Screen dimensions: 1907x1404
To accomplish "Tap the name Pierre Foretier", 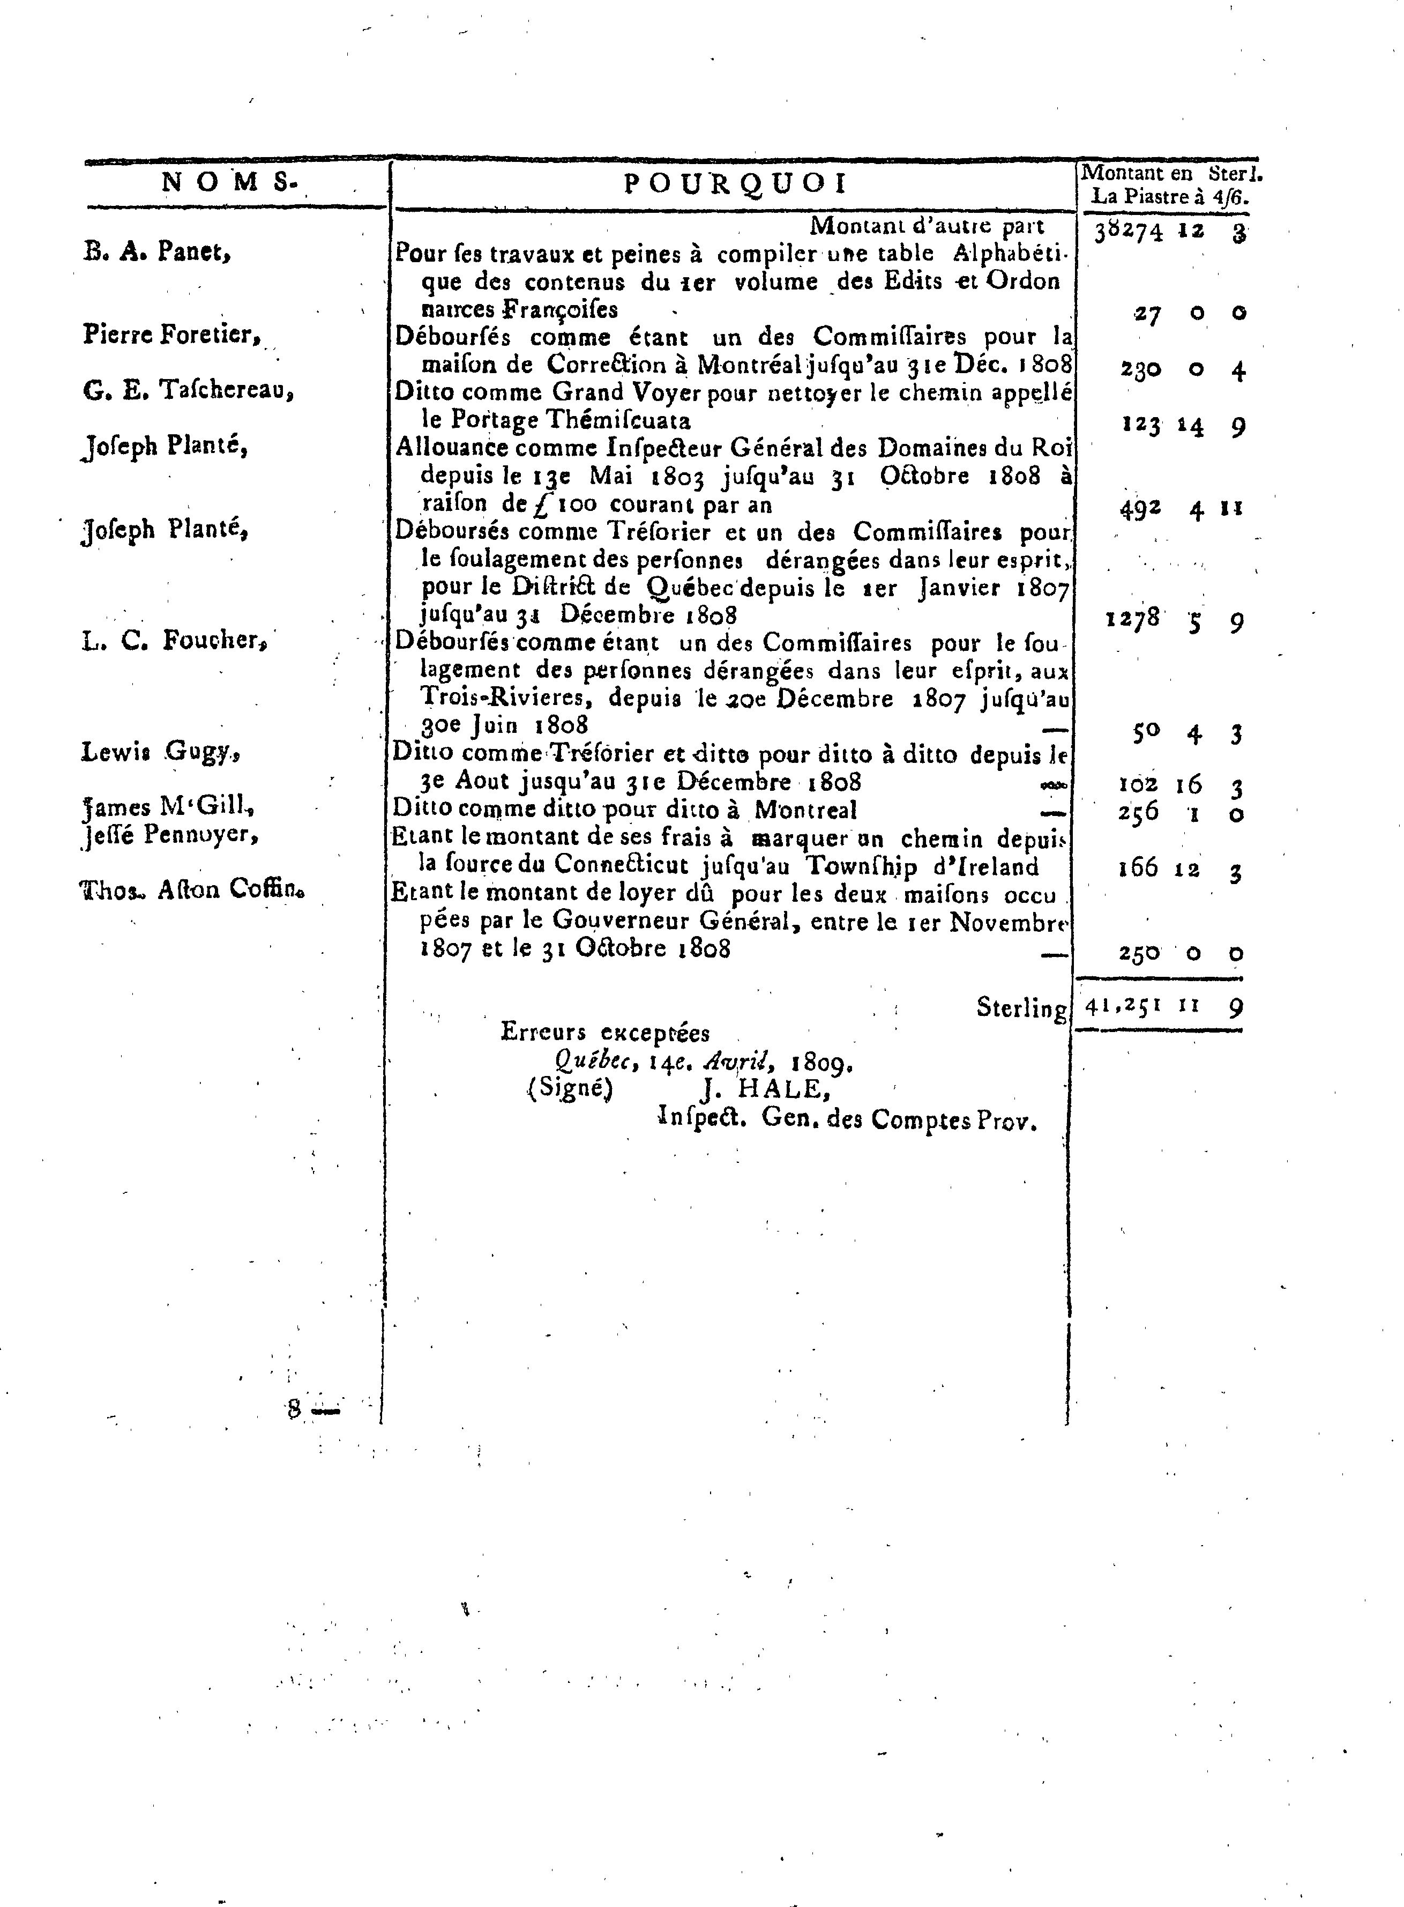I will (171, 335).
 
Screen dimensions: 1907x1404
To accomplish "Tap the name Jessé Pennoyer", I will (170, 834).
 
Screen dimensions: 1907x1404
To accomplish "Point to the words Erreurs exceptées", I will (605, 1033).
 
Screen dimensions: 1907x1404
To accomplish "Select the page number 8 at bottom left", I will (295, 1409).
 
